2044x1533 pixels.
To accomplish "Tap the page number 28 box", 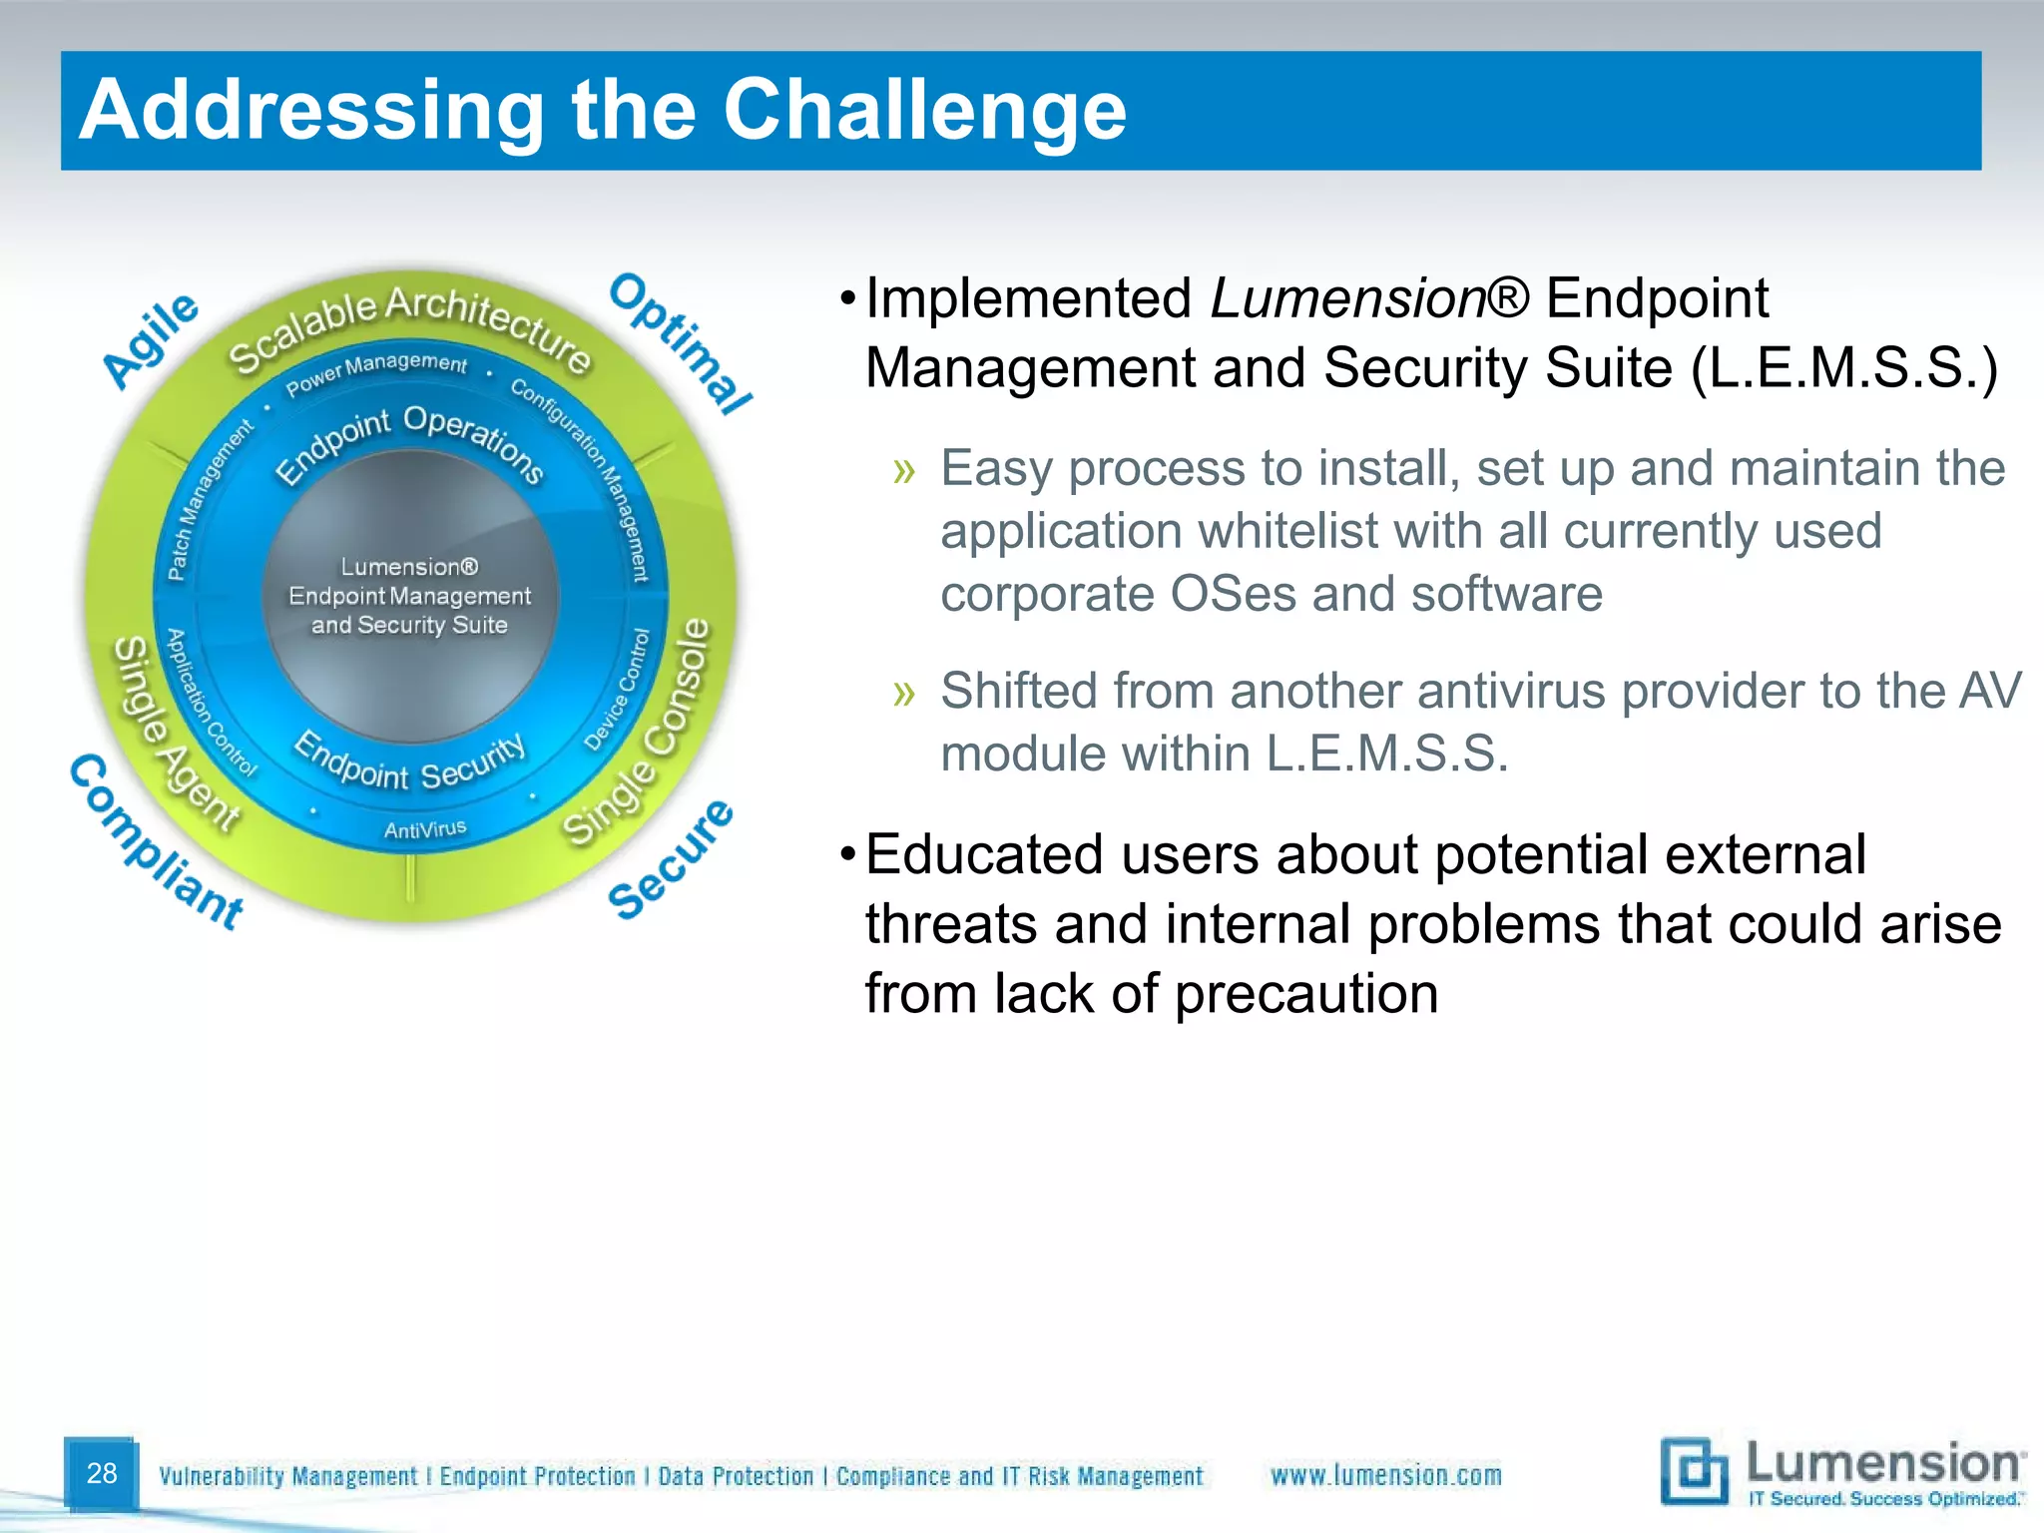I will pos(101,1473).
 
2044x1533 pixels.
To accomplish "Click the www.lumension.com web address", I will pos(1385,1475).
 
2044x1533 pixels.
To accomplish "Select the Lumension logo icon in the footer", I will pos(1693,1470).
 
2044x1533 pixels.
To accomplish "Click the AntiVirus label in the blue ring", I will pos(425,829).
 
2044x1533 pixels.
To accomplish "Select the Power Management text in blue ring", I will pos(376,370).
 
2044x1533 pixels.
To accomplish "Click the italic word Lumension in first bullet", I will pos(1347,298).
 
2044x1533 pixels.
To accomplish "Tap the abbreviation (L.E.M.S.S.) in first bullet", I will pos(1844,368).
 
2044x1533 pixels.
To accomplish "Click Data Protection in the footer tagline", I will pos(736,1476).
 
